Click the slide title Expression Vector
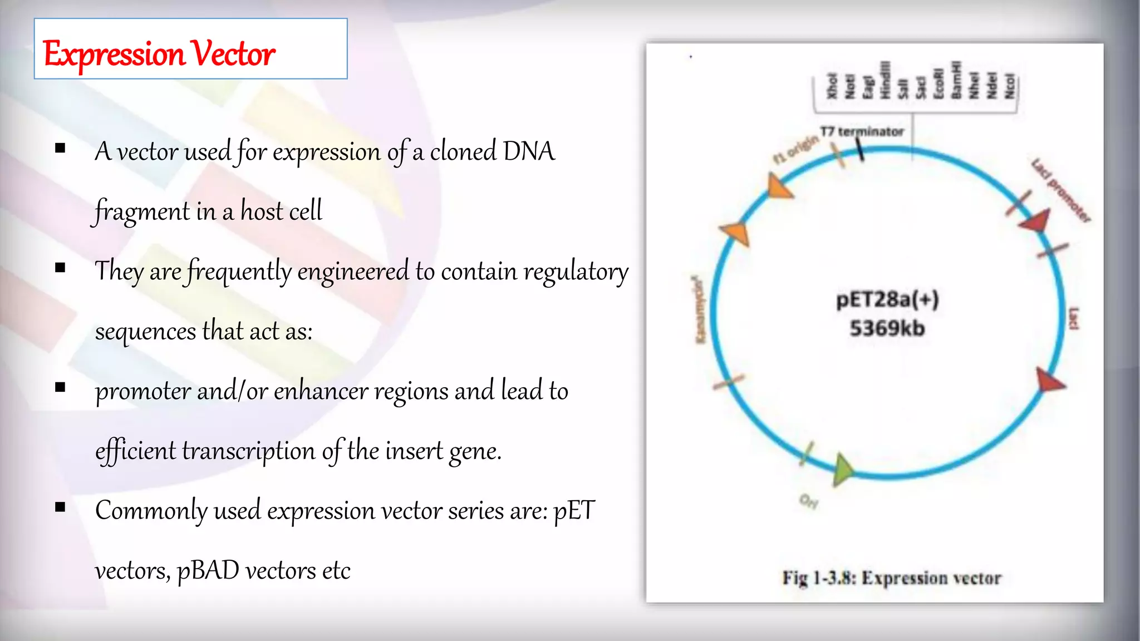(x=159, y=54)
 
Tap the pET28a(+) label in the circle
(x=887, y=300)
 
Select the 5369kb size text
(x=887, y=328)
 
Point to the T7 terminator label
(x=862, y=132)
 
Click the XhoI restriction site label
(x=832, y=86)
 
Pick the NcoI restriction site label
(x=1009, y=87)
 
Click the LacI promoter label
(x=1060, y=190)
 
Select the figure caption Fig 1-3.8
(x=891, y=578)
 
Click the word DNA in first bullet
(x=528, y=151)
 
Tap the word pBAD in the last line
(x=208, y=571)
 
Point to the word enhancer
(x=321, y=391)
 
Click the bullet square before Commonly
(x=61, y=507)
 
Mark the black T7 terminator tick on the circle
(x=860, y=150)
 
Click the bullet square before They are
(x=61, y=268)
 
